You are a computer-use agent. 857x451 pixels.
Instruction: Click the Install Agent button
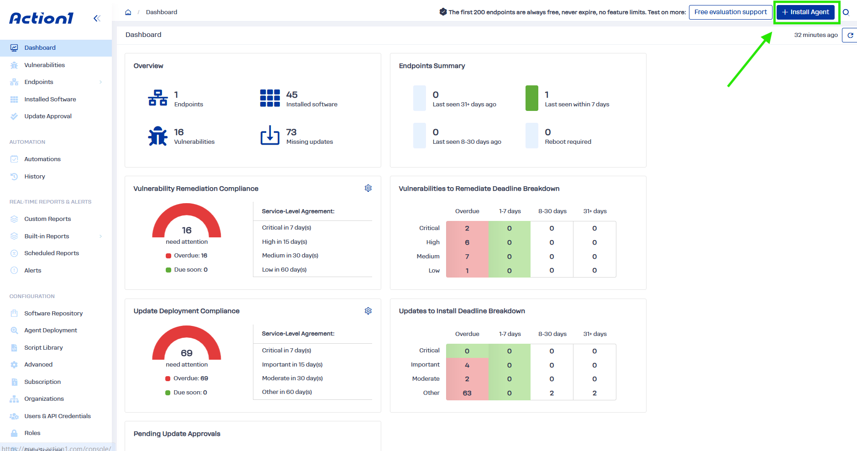(805, 12)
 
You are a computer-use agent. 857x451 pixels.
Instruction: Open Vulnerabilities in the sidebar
(44, 65)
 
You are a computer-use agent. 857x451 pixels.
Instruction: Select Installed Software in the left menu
(50, 99)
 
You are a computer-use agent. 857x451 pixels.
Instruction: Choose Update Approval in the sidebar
(48, 116)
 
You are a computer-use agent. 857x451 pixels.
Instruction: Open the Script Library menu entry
(43, 347)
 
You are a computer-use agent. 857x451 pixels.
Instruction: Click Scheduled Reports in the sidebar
(52, 253)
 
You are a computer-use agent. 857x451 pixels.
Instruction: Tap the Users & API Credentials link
(58, 416)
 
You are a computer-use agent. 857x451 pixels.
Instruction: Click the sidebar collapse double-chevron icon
(97, 18)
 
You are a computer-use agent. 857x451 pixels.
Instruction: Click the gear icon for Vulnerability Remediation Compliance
(368, 188)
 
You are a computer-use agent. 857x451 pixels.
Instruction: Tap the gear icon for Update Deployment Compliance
(368, 311)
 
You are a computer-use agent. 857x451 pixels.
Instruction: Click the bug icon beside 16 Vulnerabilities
(158, 136)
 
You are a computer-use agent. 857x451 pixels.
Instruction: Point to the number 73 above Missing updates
(291, 132)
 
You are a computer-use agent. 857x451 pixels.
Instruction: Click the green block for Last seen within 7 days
(532, 98)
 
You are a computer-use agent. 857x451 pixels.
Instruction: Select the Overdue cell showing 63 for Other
(467, 393)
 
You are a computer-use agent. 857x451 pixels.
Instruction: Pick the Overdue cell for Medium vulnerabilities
(467, 257)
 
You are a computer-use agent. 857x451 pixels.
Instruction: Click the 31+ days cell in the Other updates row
(594, 393)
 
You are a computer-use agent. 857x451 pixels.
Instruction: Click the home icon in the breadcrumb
(128, 12)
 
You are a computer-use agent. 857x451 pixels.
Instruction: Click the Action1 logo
(42, 18)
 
